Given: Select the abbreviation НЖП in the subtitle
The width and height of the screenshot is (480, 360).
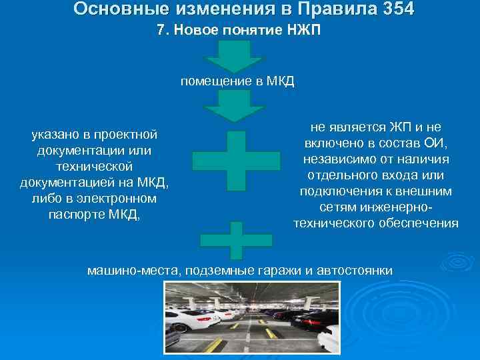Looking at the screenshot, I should [x=303, y=31].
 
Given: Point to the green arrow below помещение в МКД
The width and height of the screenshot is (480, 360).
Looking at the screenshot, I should [x=233, y=106].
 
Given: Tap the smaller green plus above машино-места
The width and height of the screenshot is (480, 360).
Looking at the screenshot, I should [x=232, y=239].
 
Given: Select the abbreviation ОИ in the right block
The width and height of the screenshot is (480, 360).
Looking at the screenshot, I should [x=441, y=143].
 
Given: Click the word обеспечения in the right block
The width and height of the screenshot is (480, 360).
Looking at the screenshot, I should [x=424, y=223].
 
